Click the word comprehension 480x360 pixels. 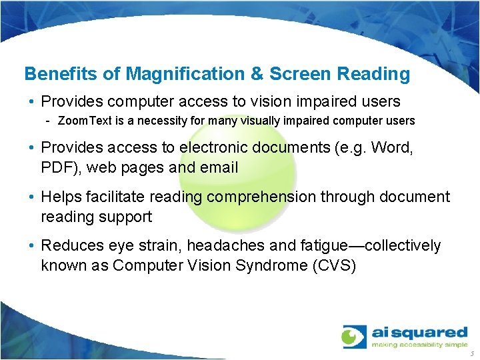(x=278, y=197)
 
